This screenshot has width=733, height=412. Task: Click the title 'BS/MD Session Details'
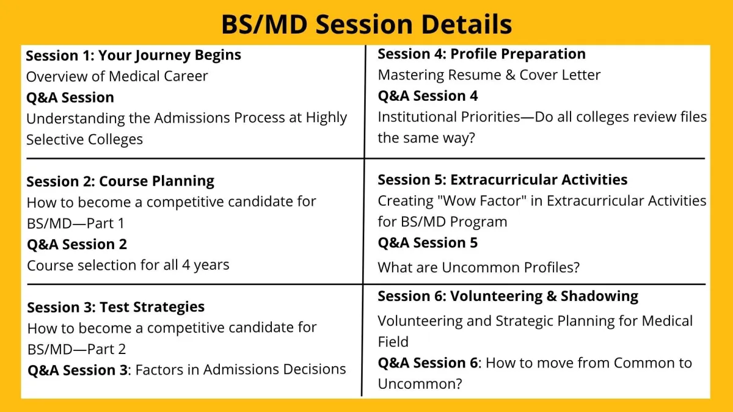tap(366, 24)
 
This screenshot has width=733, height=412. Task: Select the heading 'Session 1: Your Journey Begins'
tap(134, 56)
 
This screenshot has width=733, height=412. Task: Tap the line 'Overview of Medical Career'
tap(117, 76)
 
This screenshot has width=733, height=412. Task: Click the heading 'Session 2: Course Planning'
tap(120, 181)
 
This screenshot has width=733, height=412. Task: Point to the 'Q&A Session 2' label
tap(77, 244)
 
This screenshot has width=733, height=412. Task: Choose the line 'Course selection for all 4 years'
tap(128, 265)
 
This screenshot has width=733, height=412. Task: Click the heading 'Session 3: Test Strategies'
tap(116, 307)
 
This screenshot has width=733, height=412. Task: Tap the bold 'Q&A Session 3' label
tap(78, 370)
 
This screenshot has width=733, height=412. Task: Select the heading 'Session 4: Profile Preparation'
tap(482, 54)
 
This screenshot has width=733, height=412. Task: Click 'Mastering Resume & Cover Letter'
tap(489, 75)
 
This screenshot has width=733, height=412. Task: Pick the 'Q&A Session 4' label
tap(428, 96)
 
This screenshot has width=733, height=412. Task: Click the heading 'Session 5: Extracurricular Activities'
tap(503, 180)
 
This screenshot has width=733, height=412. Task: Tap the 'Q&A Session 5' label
tap(428, 243)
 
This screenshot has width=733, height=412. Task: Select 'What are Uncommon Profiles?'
tap(479, 267)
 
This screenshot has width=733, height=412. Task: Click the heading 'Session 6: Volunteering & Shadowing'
tap(508, 296)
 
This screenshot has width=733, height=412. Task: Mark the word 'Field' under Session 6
tap(393, 342)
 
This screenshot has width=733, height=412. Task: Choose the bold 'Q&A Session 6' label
tap(428, 363)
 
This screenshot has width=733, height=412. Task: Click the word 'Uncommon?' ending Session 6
tap(420, 384)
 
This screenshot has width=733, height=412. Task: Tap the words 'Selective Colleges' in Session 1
tap(84, 140)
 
